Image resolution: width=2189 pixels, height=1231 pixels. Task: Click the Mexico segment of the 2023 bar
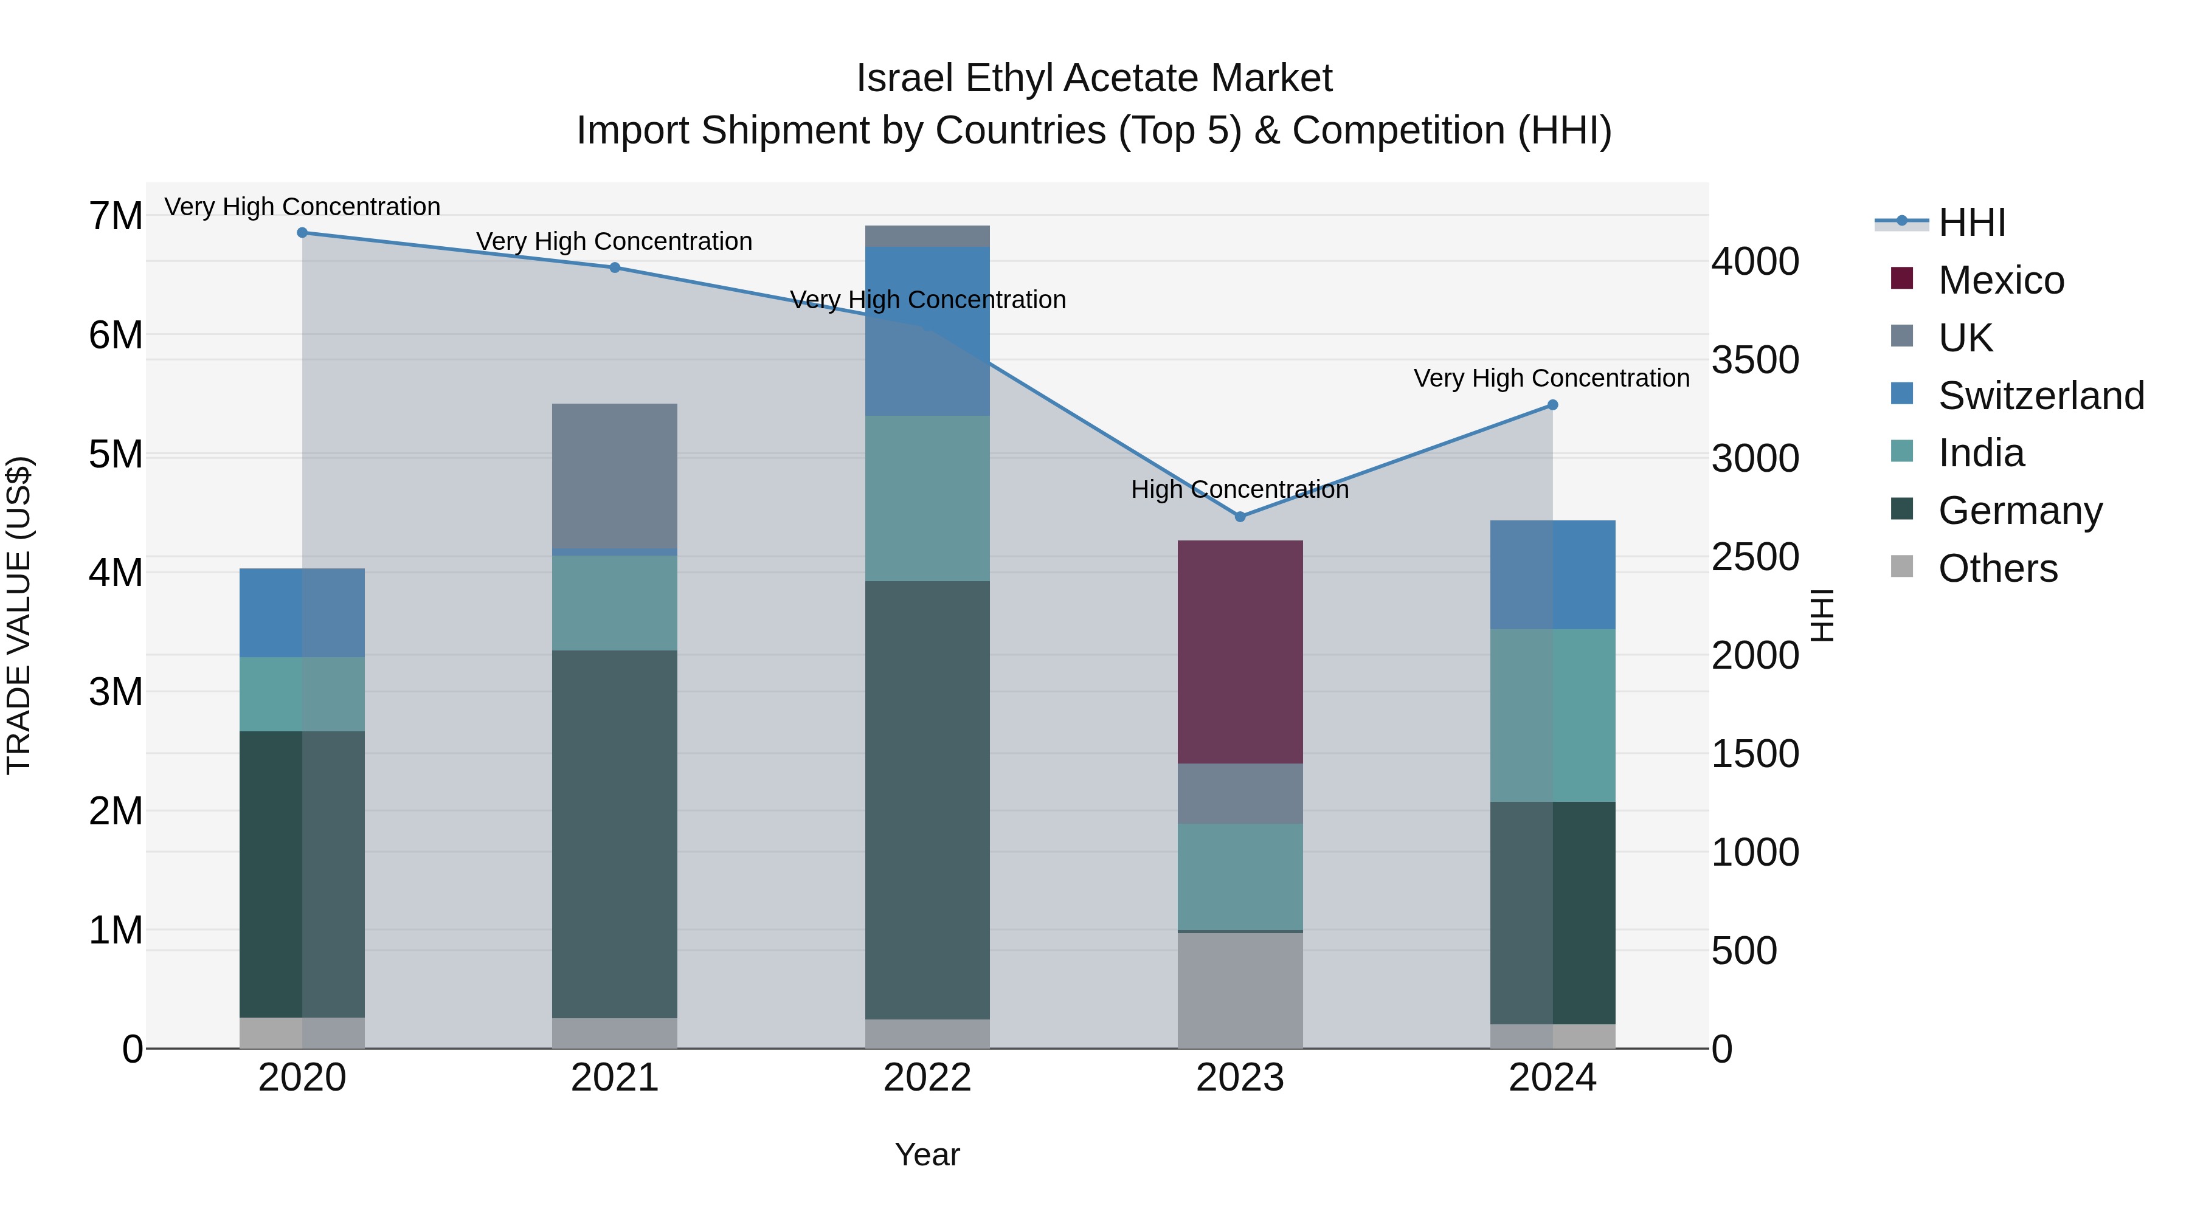tap(1240, 652)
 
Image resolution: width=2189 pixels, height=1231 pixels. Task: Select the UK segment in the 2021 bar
tap(614, 476)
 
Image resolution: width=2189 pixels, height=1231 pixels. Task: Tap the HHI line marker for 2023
tap(1240, 517)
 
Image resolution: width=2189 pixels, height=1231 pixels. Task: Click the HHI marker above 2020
tap(303, 233)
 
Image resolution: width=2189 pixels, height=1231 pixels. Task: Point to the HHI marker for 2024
tap(1552, 405)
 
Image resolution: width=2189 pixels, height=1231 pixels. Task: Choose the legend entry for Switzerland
tap(2039, 396)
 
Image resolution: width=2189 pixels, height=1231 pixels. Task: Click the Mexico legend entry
tap(2001, 280)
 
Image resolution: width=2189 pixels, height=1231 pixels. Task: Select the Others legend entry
tap(1997, 568)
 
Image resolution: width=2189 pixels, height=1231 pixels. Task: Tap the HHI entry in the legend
tap(1971, 222)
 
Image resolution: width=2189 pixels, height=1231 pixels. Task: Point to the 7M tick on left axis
tap(116, 216)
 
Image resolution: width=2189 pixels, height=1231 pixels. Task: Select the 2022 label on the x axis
tap(927, 1078)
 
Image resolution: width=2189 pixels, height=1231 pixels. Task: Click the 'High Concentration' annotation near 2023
tap(1239, 489)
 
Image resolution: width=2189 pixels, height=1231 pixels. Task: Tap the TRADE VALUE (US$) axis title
tap(19, 615)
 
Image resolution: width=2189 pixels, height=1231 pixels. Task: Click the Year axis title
tap(927, 1154)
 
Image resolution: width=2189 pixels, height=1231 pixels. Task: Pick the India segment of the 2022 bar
tap(927, 498)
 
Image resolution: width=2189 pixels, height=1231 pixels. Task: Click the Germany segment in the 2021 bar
tap(614, 833)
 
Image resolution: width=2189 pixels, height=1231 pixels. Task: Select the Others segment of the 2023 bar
tap(1240, 991)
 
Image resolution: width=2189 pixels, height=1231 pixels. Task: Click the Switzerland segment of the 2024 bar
tap(1552, 575)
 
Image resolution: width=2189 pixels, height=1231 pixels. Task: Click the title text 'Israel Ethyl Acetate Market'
tap(1094, 78)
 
